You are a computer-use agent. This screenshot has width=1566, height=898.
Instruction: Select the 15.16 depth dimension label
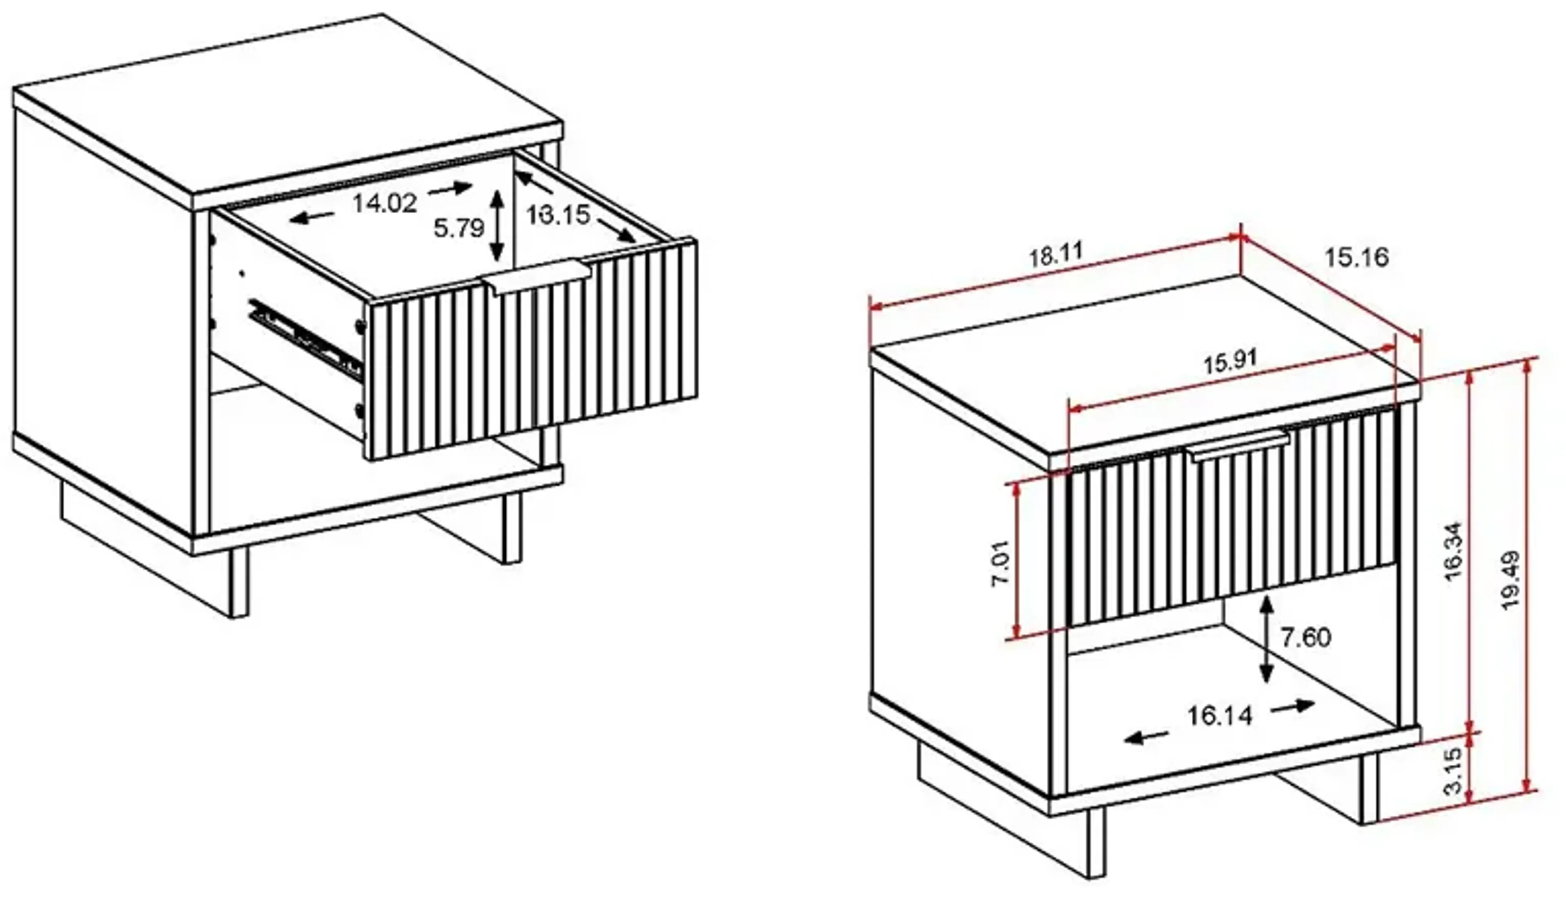pyautogui.click(x=1357, y=257)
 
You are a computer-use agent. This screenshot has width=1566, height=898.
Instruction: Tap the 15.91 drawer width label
pyautogui.click(x=1230, y=362)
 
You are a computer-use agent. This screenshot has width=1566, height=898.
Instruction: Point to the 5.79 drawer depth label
pyautogui.click(x=458, y=228)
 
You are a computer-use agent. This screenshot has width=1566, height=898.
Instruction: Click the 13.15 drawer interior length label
pyautogui.click(x=558, y=215)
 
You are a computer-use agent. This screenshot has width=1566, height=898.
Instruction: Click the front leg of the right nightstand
pyautogui.click(x=1096, y=842)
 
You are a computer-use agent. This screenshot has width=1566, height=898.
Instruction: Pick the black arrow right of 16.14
pyautogui.click(x=1293, y=706)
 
